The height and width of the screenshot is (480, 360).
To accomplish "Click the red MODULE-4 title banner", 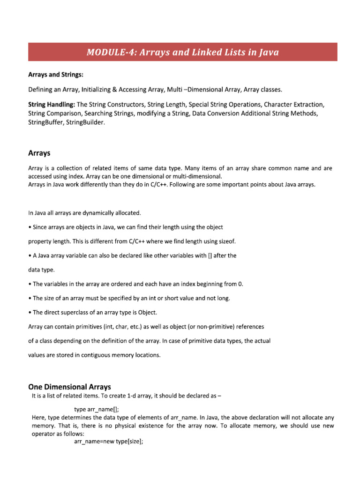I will tap(182, 52).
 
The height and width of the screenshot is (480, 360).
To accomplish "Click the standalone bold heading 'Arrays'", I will tap(39, 153).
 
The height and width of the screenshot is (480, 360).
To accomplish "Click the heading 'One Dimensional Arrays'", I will tap(70, 387).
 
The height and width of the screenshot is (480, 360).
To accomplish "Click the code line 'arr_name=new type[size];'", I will tap(108, 441).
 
